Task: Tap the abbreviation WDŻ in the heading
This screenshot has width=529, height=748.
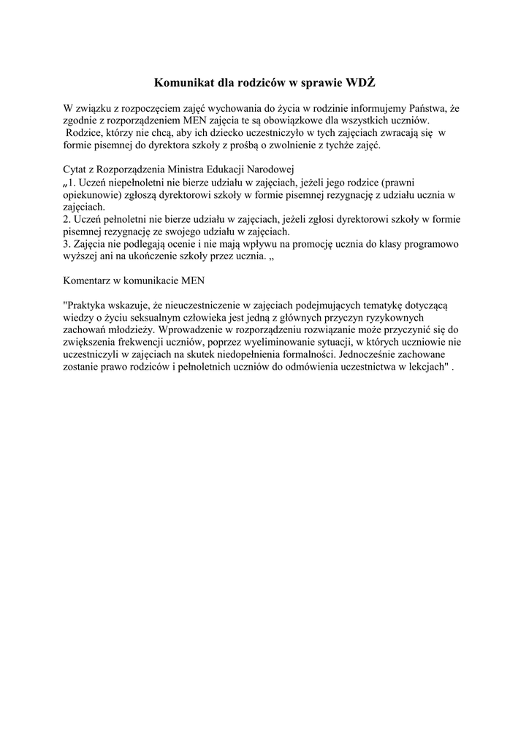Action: (361, 84)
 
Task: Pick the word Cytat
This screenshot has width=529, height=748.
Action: (77, 169)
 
